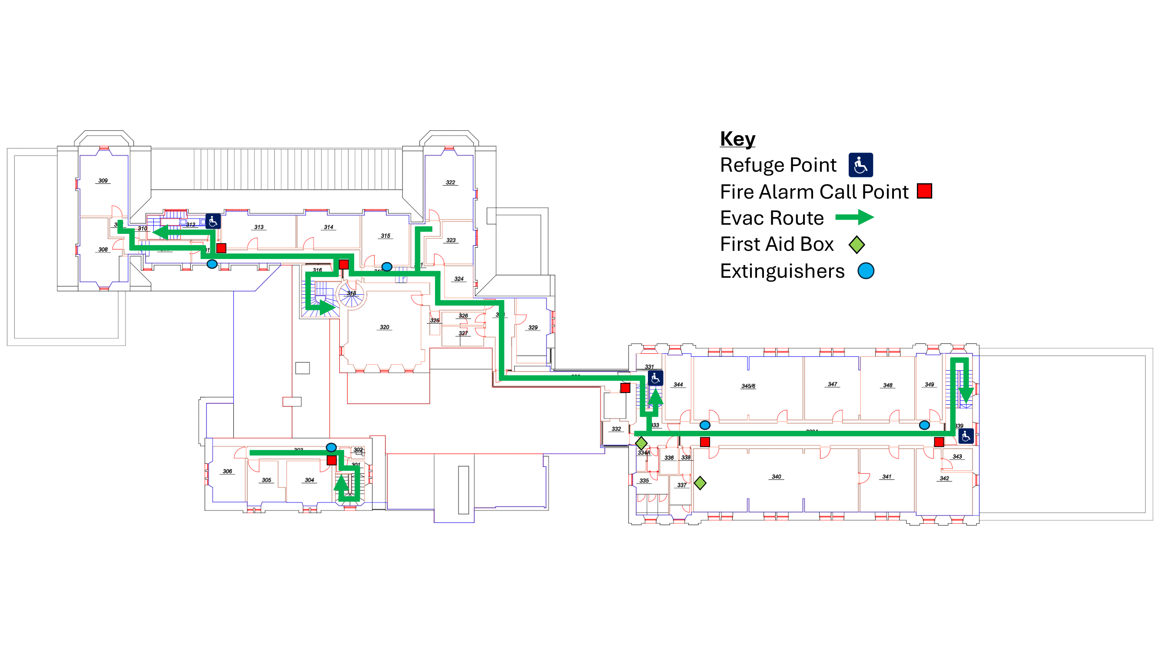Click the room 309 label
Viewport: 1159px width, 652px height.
(103, 180)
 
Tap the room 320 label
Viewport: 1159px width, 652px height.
(384, 327)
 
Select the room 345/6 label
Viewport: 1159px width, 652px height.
(748, 386)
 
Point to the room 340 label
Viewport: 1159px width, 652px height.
(776, 476)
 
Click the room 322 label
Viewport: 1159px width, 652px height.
(450, 182)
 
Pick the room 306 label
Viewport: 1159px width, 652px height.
(227, 472)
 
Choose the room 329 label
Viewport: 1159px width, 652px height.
(533, 328)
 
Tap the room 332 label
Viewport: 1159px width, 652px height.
(616, 429)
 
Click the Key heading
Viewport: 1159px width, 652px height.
(737, 139)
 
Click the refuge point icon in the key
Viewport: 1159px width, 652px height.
(860, 165)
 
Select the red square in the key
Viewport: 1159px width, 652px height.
(924, 191)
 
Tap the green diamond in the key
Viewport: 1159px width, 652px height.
(856, 244)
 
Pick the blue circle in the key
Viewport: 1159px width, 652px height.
(866, 271)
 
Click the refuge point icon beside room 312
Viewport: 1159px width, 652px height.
(213, 221)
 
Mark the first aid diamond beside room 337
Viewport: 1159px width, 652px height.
(700, 483)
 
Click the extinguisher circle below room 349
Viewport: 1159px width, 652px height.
(924, 425)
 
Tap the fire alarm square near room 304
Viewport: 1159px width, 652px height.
(332, 460)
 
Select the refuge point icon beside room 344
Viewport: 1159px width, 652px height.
(655, 379)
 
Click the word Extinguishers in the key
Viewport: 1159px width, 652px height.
(782, 271)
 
